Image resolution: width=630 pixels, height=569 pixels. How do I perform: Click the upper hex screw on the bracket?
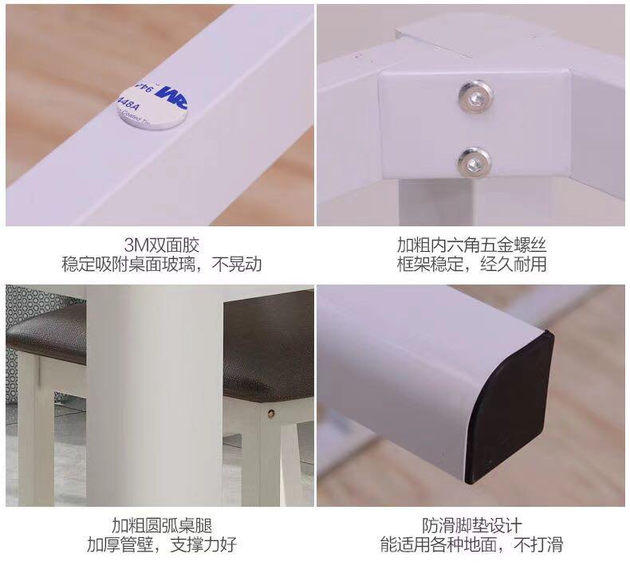tap(476, 97)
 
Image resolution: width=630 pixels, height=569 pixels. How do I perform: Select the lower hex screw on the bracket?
tap(474, 162)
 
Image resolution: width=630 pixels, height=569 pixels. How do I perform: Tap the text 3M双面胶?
tap(161, 245)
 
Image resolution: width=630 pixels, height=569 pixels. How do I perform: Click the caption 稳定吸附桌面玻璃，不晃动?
tap(162, 265)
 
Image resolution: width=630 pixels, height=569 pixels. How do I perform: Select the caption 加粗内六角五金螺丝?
tap(471, 245)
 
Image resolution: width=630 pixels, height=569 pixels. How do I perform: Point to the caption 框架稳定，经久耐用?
tap(471, 265)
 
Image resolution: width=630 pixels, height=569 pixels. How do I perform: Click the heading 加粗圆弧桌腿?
tap(162, 525)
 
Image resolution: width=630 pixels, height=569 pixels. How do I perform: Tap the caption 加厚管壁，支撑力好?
tap(162, 544)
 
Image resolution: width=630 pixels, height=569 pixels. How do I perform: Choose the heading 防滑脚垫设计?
tap(471, 525)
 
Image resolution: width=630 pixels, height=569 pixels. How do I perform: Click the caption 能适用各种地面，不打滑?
tap(471, 544)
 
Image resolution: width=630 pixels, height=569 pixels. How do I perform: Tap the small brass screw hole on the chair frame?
tap(272, 412)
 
